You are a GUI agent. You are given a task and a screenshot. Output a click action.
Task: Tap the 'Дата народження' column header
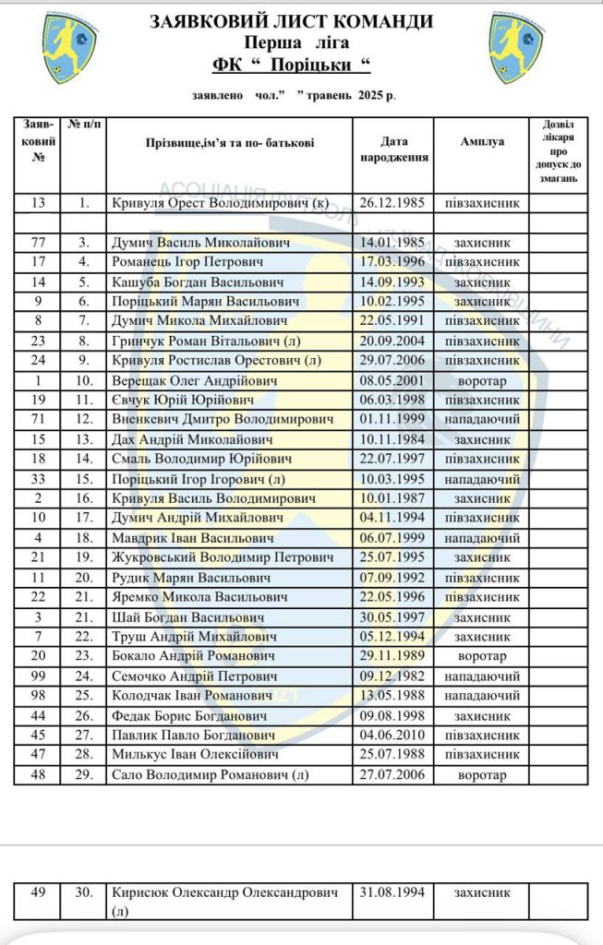392,150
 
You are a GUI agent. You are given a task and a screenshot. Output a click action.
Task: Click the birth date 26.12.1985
392,203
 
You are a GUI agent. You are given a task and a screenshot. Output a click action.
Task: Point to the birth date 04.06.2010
392,736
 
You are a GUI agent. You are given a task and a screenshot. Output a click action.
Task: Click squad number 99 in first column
39,676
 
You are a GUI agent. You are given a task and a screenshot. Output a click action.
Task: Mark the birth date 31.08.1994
392,893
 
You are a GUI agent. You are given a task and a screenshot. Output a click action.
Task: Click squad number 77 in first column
39,243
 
